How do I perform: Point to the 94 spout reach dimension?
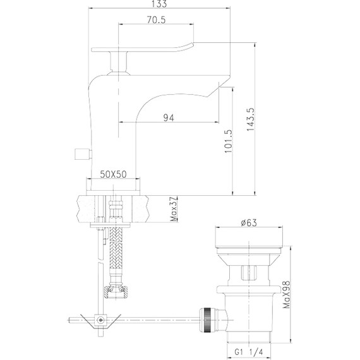pos(169,117)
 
